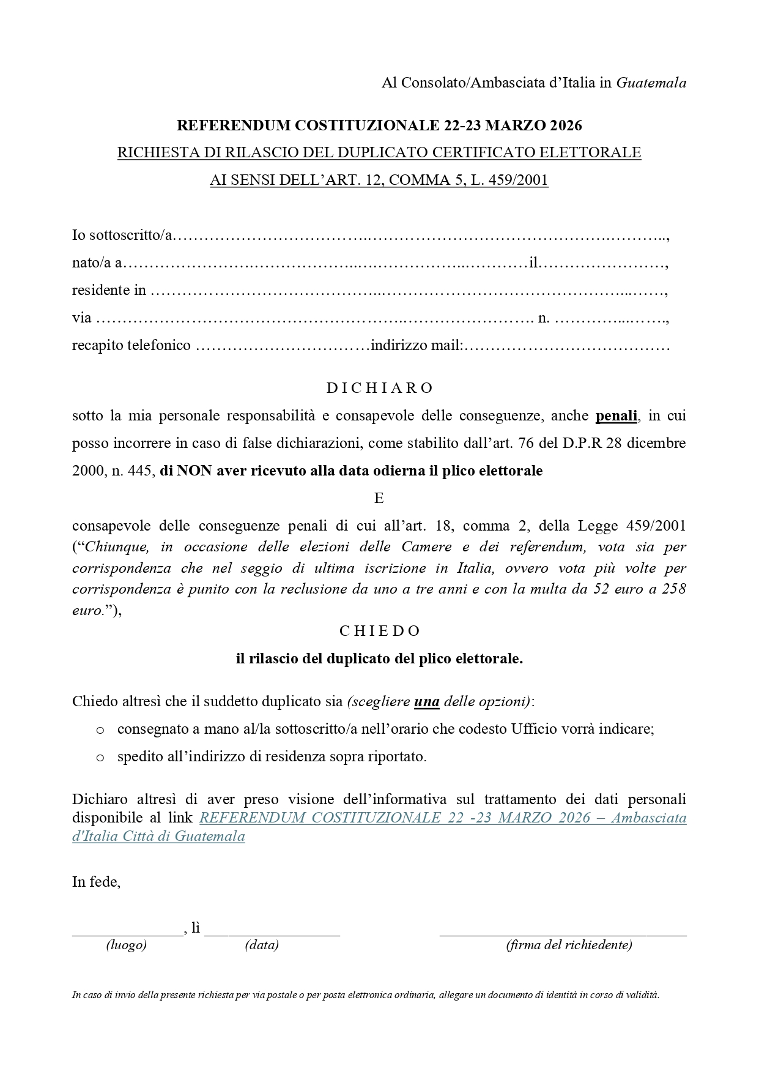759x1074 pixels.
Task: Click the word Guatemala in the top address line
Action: [x=651, y=83]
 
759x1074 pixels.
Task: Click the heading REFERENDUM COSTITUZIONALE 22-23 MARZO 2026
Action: [x=379, y=125]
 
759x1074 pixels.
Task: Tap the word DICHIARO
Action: [x=379, y=388]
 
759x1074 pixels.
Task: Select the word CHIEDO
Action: [x=379, y=631]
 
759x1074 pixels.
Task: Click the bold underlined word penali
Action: [x=616, y=416]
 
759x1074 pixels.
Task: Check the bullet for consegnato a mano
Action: [x=100, y=730]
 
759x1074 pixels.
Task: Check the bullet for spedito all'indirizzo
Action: [x=100, y=758]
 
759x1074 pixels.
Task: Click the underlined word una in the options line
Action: [x=427, y=702]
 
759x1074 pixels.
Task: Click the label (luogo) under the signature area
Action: [x=127, y=945]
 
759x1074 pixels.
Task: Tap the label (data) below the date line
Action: [x=262, y=945]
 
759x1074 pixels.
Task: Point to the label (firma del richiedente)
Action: [x=569, y=945]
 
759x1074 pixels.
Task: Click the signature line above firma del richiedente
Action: [x=563, y=934]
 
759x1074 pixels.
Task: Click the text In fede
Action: [x=96, y=882]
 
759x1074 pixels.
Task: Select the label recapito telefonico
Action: [x=131, y=346]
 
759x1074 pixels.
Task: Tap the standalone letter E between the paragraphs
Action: [x=379, y=498]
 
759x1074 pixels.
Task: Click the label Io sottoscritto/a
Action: [x=122, y=235]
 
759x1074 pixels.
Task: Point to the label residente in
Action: [x=109, y=290]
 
